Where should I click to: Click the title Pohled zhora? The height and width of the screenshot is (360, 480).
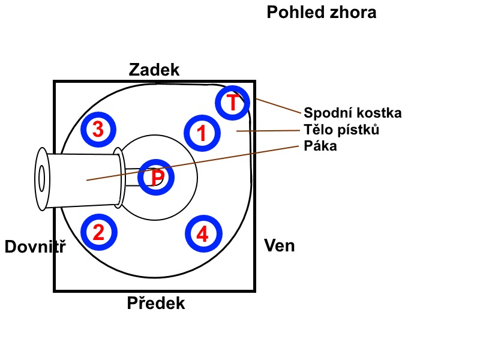click(x=321, y=12)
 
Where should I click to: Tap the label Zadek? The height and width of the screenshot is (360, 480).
click(x=154, y=70)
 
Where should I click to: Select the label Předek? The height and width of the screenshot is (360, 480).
click(x=155, y=304)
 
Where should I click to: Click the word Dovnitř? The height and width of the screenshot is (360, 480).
click(x=35, y=247)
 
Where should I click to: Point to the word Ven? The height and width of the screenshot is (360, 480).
click(x=280, y=245)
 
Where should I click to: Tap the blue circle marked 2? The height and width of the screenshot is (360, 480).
click(x=99, y=233)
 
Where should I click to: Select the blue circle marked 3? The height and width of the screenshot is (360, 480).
click(x=99, y=129)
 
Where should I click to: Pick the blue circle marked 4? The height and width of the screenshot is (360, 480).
click(x=203, y=234)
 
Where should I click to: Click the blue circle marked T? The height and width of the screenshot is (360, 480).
click(x=233, y=103)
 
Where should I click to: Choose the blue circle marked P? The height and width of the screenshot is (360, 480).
click(x=156, y=178)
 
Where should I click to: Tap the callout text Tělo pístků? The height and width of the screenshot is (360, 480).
click(x=341, y=130)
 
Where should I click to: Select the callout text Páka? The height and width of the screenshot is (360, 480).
click(x=320, y=146)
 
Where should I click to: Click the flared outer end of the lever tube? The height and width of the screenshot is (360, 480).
click(x=41, y=178)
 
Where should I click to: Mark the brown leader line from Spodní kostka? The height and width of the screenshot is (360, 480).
click(x=277, y=106)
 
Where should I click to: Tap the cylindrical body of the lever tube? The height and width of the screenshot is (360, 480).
click(x=84, y=179)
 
